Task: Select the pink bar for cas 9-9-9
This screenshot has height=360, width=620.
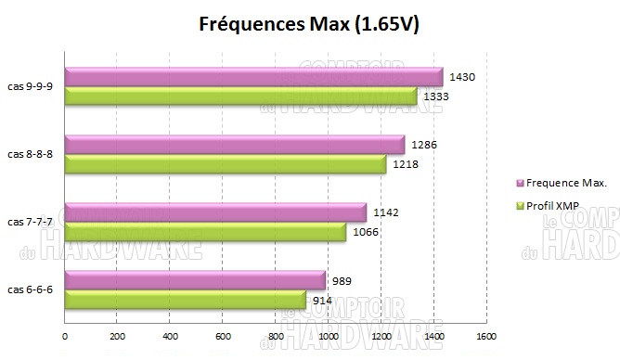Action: (x=252, y=78)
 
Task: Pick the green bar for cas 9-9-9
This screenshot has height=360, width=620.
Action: (x=239, y=96)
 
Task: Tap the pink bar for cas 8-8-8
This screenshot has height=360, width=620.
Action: (x=234, y=146)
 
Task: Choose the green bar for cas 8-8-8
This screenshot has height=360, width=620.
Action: (x=225, y=164)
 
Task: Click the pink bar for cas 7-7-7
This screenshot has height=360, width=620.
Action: (x=214, y=213)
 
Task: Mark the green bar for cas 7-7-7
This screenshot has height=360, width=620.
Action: (x=204, y=232)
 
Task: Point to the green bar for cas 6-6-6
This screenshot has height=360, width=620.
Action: (x=185, y=300)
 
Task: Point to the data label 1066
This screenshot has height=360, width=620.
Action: (x=366, y=231)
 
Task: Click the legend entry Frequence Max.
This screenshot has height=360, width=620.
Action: (x=567, y=183)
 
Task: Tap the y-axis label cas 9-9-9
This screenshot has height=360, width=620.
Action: (x=31, y=87)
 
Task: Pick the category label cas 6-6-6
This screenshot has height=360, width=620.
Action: (x=31, y=290)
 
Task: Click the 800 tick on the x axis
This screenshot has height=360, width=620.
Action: (x=276, y=337)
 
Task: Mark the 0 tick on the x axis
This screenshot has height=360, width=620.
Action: (x=65, y=337)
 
